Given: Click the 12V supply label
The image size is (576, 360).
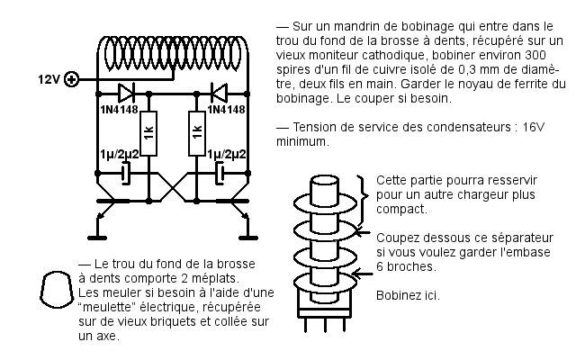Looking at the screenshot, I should [x=48, y=79].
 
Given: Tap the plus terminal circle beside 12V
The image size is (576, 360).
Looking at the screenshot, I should [x=73, y=79].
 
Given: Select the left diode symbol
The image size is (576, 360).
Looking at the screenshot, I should [x=126, y=92].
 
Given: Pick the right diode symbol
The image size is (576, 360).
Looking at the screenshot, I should [x=217, y=92].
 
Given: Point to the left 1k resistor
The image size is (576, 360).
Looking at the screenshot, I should [x=149, y=133].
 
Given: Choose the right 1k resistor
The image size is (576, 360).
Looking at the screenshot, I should [x=194, y=133].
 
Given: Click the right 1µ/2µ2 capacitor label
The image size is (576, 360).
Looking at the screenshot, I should [x=229, y=155].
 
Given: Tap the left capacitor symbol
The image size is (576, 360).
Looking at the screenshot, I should [x=126, y=171].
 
